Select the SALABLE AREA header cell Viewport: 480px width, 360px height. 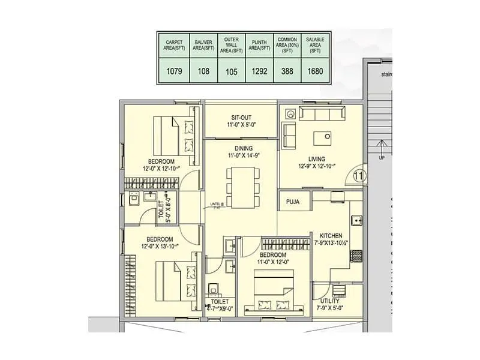[x=314, y=44]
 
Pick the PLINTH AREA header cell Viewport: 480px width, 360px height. [x=259, y=44]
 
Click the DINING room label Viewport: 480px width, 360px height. [x=240, y=148]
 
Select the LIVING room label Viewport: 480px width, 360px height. [x=317, y=159]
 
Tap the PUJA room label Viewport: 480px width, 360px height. [x=293, y=202]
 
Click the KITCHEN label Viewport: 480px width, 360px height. [x=331, y=235]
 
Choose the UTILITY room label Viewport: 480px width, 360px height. [x=330, y=301]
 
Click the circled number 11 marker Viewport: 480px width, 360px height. [x=359, y=175]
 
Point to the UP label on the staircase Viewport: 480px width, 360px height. [x=380, y=158]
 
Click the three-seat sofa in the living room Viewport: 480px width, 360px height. [x=323, y=115]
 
